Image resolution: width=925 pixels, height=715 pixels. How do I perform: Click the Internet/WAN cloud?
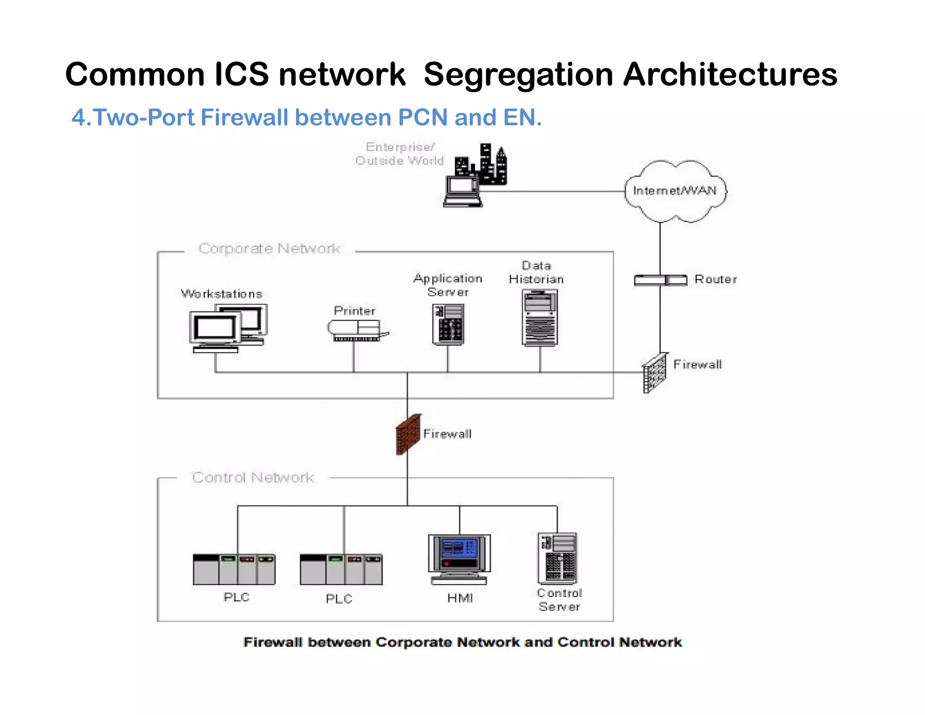click(x=675, y=191)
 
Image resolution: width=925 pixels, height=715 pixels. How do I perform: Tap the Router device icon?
click(x=660, y=280)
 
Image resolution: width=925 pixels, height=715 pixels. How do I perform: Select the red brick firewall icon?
click(x=408, y=434)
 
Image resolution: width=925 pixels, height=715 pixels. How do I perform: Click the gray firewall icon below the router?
click(x=654, y=373)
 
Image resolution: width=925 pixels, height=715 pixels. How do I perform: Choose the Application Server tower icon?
click(x=448, y=324)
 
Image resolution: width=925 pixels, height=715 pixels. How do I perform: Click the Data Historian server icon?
click(x=540, y=318)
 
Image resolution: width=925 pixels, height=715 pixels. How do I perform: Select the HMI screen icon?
click(x=459, y=559)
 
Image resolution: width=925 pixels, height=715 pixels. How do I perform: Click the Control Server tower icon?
click(x=557, y=559)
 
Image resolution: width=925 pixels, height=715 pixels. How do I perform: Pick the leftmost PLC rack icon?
click(x=234, y=569)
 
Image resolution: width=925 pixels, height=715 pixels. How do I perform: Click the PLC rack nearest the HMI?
click(x=341, y=569)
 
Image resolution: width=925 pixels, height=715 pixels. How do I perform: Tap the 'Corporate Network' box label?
click(x=269, y=249)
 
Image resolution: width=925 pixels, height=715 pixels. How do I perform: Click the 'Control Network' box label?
click(x=253, y=478)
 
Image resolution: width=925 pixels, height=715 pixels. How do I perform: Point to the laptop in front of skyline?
click(x=462, y=193)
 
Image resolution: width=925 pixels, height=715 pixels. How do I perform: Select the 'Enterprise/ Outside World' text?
click(x=400, y=154)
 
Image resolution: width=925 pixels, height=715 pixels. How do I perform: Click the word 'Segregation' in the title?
click(x=518, y=75)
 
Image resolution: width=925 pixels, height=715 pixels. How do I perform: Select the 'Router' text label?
click(x=715, y=279)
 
